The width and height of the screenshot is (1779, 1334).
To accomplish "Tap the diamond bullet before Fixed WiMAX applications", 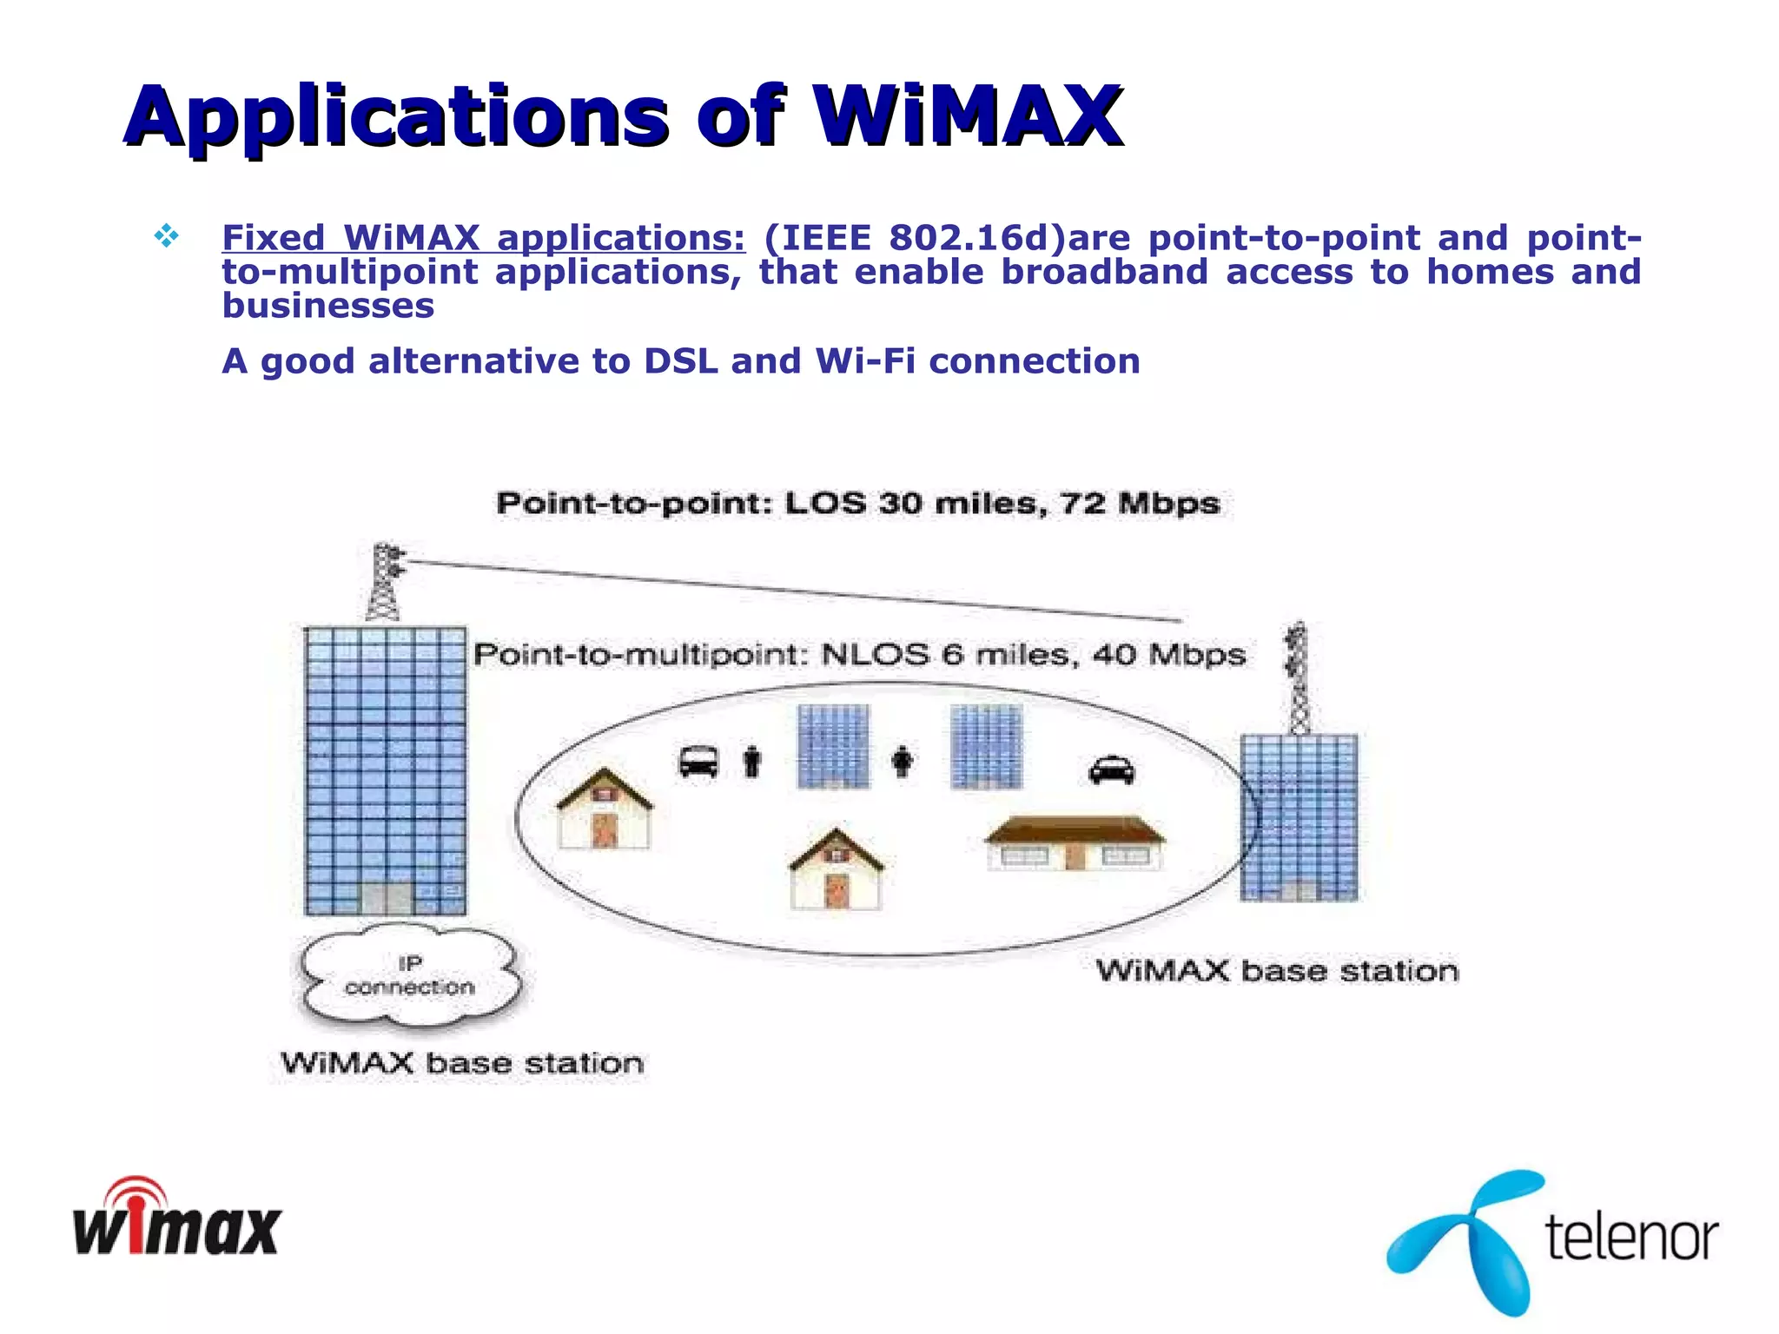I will pyautogui.click(x=166, y=235).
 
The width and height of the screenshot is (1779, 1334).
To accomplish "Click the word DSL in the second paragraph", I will pyautogui.click(x=680, y=361).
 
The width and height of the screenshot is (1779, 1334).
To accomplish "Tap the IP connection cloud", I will pyautogui.click(x=410, y=975).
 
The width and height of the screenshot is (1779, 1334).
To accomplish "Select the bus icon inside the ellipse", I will pyautogui.click(x=698, y=762).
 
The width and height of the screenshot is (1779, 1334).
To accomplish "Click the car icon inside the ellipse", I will pyautogui.click(x=1111, y=769).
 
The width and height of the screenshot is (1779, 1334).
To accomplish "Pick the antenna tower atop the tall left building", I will pyautogui.click(x=384, y=581).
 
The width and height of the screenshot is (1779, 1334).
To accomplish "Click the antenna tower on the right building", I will pyautogui.click(x=1299, y=678).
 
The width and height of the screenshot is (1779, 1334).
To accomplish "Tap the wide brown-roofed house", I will pyautogui.click(x=1075, y=842).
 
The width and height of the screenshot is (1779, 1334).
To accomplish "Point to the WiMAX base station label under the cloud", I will pyautogui.click(x=462, y=1063).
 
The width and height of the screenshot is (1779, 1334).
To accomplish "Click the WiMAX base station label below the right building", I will pyautogui.click(x=1277, y=971).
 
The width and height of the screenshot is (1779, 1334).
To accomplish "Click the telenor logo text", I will pyautogui.click(x=1631, y=1238).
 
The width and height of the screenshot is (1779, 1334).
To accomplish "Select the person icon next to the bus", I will pyautogui.click(x=752, y=762).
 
